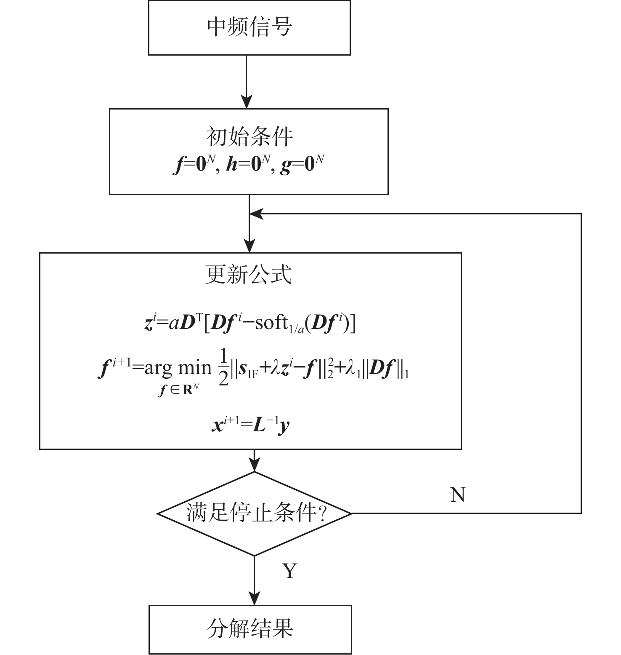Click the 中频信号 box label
click(x=249, y=27)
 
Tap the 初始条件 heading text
click(x=249, y=136)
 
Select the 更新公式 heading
click(x=248, y=275)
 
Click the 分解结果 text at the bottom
click(x=250, y=628)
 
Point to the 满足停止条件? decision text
click(x=256, y=513)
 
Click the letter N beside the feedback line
click(x=458, y=495)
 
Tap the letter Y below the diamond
click(x=290, y=571)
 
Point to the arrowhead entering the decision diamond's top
click(x=255, y=465)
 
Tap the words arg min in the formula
click(x=178, y=369)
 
